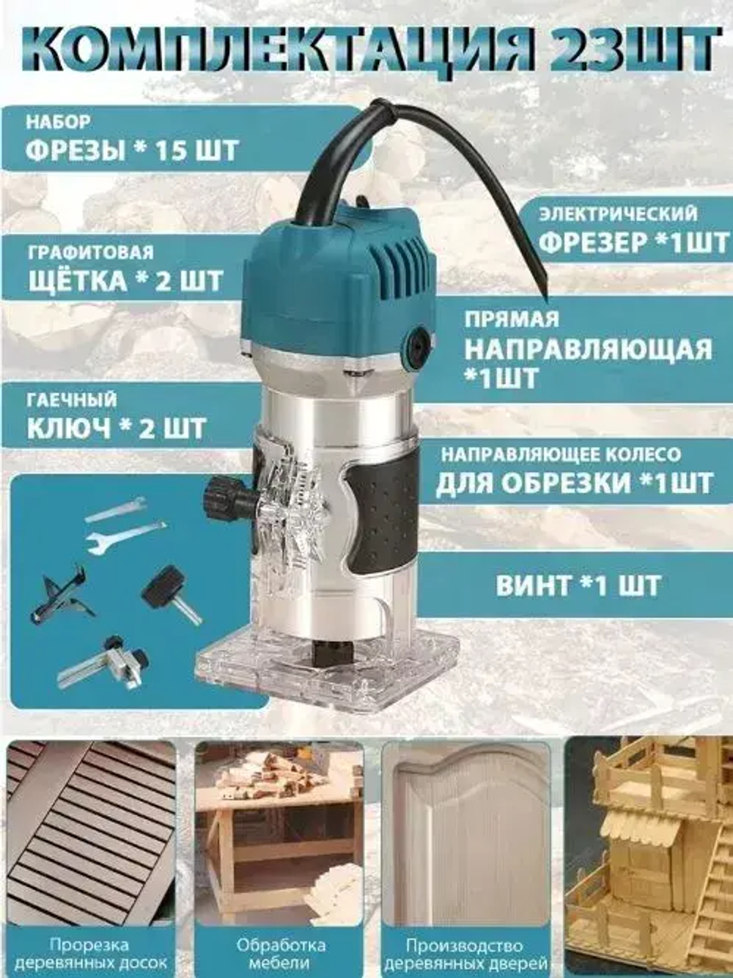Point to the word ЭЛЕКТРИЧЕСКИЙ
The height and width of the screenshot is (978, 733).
tap(619, 214)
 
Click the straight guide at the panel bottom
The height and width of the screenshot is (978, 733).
tap(103, 664)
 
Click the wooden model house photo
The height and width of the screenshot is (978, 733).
tap(649, 851)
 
